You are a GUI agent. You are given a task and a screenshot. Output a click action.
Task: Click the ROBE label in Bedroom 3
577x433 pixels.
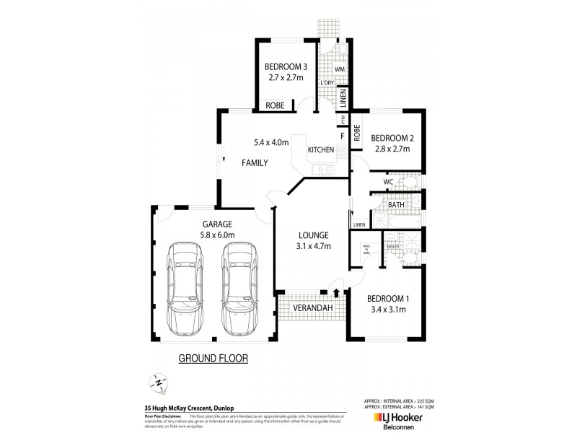tap(275, 105)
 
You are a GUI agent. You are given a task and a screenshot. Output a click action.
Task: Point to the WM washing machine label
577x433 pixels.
tap(339, 69)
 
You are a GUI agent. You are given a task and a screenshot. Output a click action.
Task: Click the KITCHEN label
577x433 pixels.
tap(321, 150)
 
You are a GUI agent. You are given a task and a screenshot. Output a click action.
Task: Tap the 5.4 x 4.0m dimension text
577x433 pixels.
tap(271, 142)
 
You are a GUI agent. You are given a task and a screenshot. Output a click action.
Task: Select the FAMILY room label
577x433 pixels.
tap(254, 163)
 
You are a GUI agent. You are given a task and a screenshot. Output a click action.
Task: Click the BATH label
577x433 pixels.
tap(396, 205)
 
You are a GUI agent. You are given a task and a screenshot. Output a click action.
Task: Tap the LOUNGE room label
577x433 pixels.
tap(314, 235)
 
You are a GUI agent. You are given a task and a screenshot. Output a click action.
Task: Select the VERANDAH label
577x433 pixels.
tap(311, 308)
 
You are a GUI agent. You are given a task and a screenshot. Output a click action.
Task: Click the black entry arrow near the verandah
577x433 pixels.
tap(336, 292)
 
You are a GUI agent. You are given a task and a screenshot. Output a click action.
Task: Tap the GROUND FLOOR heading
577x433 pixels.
tap(213, 358)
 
